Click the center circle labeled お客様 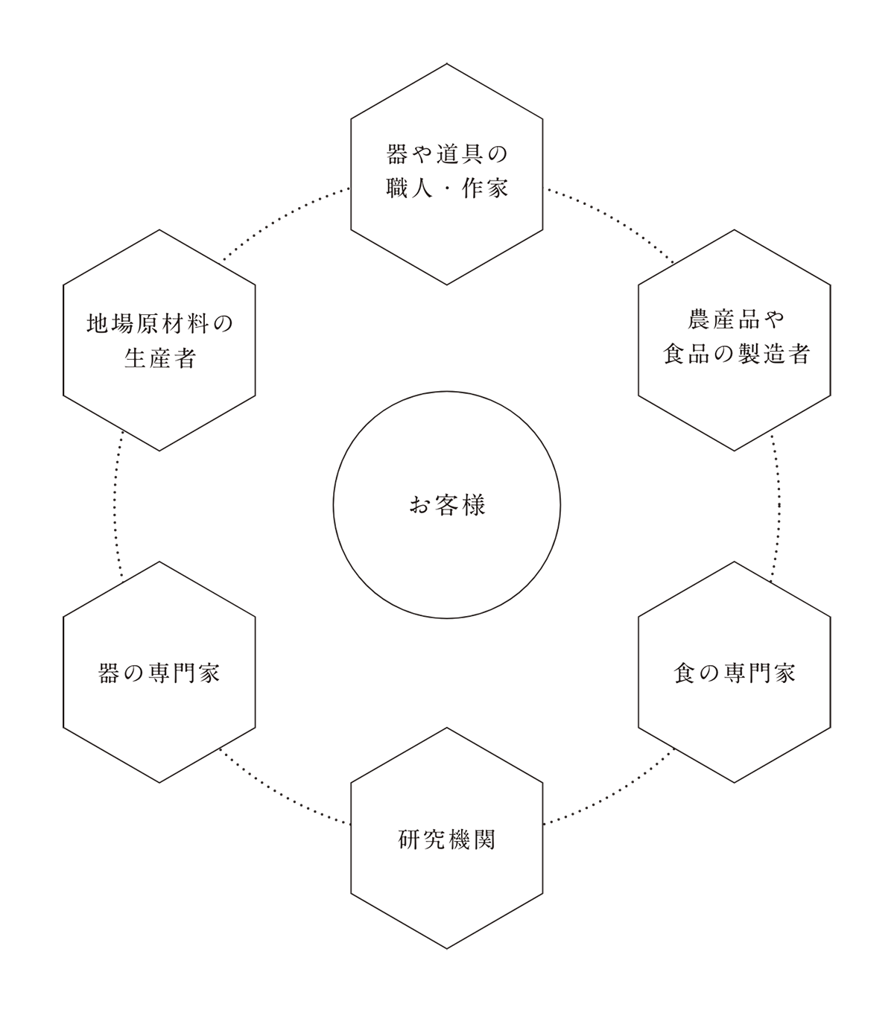(447, 505)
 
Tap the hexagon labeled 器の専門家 (159, 672)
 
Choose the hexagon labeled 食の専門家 (735, 672)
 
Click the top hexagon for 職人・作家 (447, 174)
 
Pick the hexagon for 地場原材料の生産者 (159, 340)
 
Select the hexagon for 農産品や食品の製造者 (735, 340)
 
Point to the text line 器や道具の (447, 155)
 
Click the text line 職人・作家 (447, 189)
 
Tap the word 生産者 (159, 358)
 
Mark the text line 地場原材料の (159, 323)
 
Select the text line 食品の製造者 (735, 355)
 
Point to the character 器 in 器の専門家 (109, 673)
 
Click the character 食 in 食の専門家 (684, 673)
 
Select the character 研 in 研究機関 (409, 839)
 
